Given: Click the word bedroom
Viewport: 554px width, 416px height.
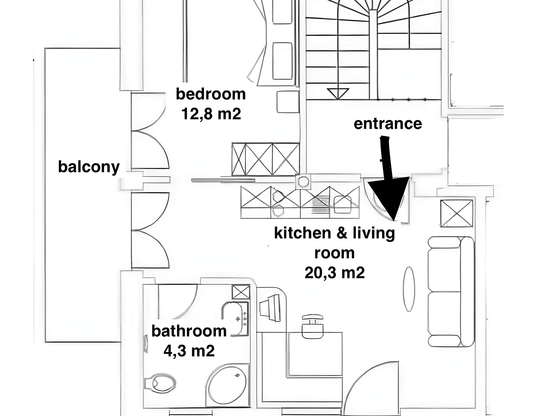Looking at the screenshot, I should (211, 94).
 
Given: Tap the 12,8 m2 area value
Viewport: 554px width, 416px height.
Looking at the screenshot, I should (211, 114).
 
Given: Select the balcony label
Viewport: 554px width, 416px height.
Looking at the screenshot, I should (89, 167).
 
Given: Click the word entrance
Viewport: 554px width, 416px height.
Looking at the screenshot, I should (388, 124).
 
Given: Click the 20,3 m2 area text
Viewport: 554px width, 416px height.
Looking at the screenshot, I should (334, 273).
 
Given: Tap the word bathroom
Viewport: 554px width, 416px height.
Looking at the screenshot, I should (189, 331).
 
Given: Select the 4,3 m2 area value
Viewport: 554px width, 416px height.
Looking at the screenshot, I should (189, 351).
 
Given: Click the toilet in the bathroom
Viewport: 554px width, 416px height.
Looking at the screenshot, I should (162, 383).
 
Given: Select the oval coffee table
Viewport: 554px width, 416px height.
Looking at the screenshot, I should (409, 289).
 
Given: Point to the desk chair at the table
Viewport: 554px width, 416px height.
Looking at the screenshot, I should (312, 326).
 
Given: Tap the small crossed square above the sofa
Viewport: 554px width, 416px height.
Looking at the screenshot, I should (456, 213).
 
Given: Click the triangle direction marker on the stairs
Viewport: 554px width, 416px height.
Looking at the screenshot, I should (338, 93).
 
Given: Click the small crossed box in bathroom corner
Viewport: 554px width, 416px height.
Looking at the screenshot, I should (241, 292).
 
